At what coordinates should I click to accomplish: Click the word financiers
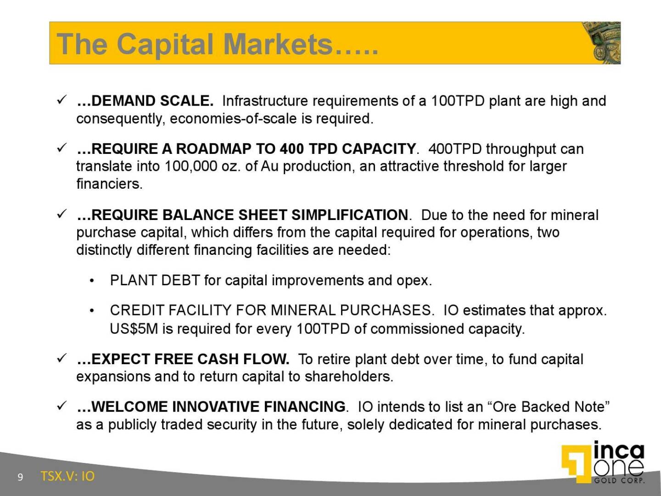(x=109, y=184)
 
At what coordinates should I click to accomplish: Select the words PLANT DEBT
(x=155, y=281)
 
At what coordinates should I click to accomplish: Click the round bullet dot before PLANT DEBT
(x=92, y=281)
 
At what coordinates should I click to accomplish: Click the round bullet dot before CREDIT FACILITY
(x=92, y=311)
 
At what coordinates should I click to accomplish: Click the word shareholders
(x=349, y=377)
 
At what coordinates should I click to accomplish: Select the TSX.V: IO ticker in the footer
(x=67, y=476)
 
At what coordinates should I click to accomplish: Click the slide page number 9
(x=20, y=477)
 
